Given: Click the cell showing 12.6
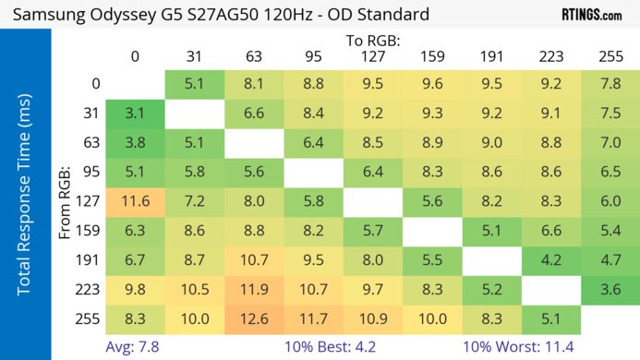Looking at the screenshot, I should (253, 319).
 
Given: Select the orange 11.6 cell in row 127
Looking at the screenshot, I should (135, 199).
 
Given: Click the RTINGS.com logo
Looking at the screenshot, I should (591, 16).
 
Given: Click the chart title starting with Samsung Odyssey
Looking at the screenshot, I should (221, 16).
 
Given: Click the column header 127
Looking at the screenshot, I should (372, 57).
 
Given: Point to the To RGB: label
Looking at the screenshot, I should (372, 41).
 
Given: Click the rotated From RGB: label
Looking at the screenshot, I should (65, 199).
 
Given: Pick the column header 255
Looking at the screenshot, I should (610, 57).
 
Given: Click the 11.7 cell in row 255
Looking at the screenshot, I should (313, 319).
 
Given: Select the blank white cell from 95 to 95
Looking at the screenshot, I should (313, 171).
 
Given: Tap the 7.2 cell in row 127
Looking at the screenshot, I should (194, 199).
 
